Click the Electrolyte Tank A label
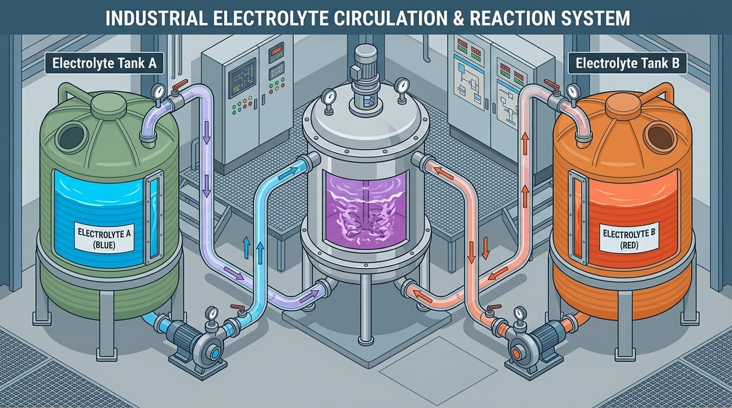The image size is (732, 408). (104, 64)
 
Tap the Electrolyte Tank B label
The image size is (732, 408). (627, 64)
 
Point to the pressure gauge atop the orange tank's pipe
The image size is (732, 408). (572, 91)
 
